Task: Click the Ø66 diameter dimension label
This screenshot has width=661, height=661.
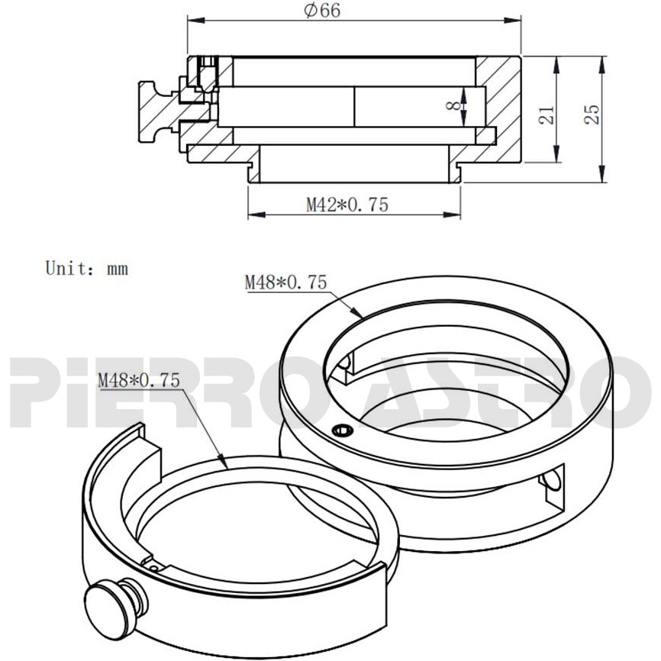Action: point(322,11)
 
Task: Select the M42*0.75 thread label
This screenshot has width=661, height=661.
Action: point(347,205)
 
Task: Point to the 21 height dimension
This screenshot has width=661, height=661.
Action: point(547,114)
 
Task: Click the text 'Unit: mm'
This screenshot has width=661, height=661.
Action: point(86,268)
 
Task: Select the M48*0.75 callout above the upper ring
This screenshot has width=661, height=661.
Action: point(285,282)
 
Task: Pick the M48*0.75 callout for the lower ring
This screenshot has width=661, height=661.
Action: point(139,380)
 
